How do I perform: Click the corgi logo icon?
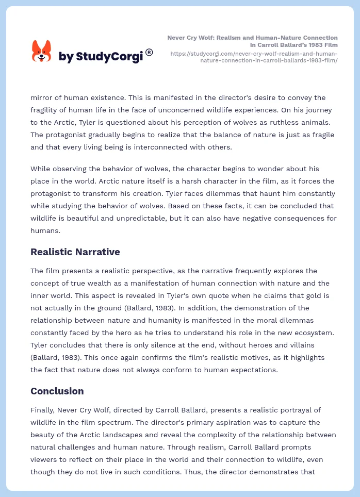(x=42, y=52)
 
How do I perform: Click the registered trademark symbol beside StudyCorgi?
(x=149, y=52)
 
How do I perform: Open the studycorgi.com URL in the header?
(x=253, y=57)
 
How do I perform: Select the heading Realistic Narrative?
(x=75, y=252)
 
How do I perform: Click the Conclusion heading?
(x=57, y=391)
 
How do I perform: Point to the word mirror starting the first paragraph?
(x=42, y=97)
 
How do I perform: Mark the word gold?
(x=313, y=295)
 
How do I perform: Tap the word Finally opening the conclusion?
(x=43, y=410)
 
